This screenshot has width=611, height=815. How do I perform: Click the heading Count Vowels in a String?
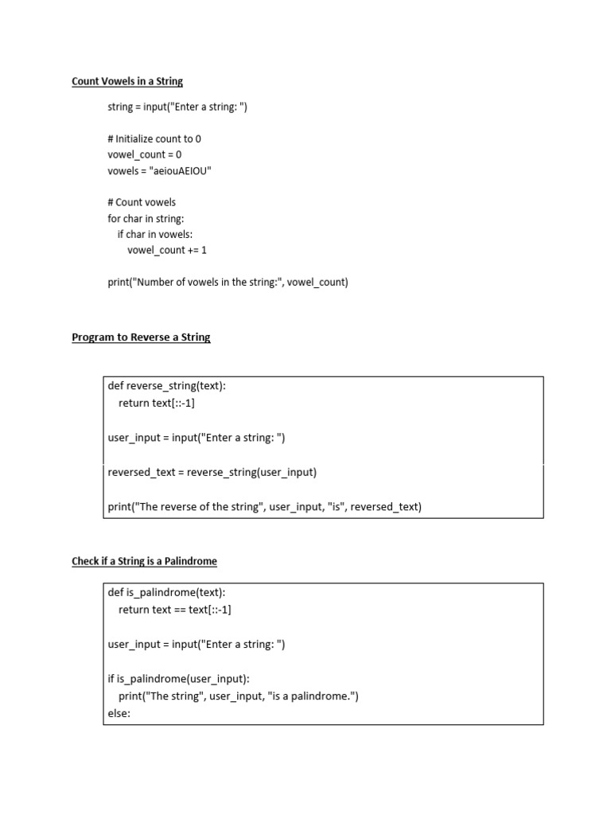pos(127,81)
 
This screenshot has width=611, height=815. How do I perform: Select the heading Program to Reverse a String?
pos(141,337)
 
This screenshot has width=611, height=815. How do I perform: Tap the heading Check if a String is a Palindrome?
pos(144,561)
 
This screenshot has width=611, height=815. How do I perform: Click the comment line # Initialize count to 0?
pos(154,138)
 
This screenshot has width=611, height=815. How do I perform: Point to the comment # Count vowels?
pos(142,202)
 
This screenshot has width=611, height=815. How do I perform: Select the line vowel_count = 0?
pos(144,154)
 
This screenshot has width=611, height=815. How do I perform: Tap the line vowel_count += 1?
pos(167,250)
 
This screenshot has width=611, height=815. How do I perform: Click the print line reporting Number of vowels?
pos(228,282)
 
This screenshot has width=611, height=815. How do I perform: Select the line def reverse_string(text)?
pos(167,386)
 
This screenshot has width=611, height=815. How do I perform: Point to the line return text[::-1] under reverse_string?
pos(157,403)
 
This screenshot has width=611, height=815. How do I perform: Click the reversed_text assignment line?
pos(212,472)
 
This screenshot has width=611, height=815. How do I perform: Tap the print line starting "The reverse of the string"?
pos(265,506)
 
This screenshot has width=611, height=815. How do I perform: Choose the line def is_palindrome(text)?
pos(166,592)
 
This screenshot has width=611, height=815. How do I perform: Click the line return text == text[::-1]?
pos(175,610)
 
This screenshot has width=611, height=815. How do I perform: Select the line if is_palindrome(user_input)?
pos(179,679)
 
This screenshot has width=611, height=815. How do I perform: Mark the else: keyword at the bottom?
pos(119,713)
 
